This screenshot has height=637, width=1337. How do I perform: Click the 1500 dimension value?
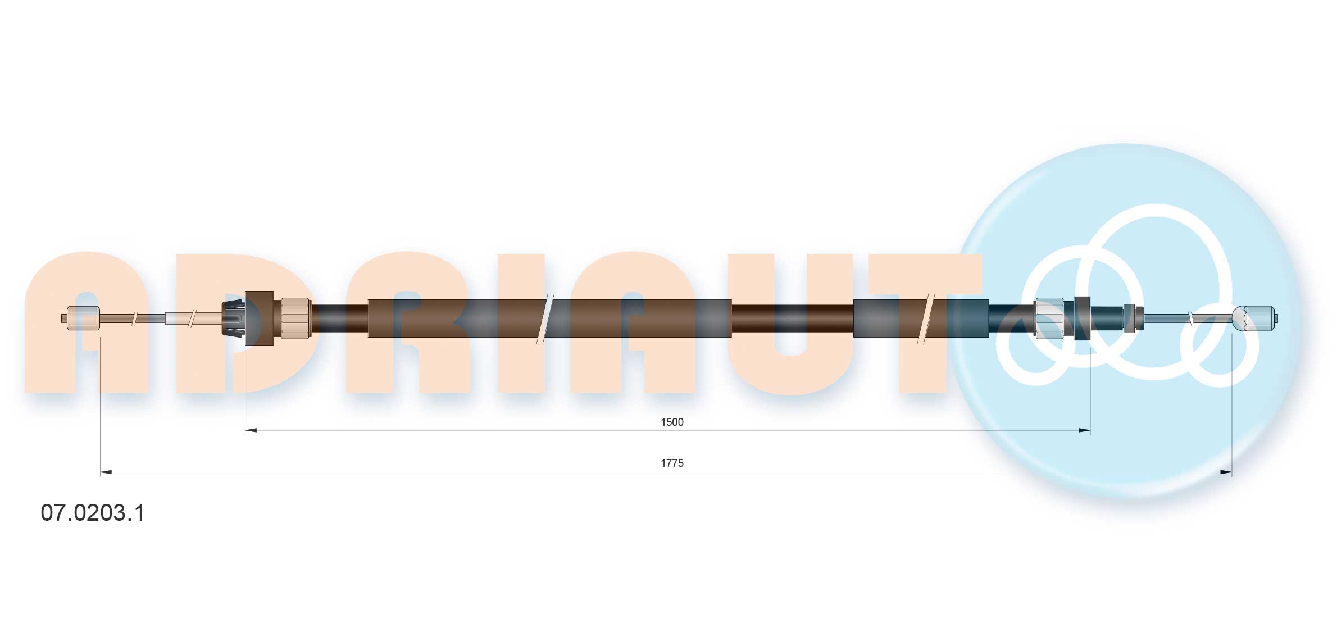click(x=672, y=422)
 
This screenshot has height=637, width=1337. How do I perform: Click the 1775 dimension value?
click(x=672, y=463)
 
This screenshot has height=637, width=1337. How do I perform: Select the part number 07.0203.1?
click(x=93, y=513)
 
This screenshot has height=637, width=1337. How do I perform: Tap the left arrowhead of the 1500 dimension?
click(x=251, y=430)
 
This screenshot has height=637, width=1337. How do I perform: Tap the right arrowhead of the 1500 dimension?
click(x=1084, y=430)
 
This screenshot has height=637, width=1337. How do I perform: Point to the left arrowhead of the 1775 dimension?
click(x=106, y=472)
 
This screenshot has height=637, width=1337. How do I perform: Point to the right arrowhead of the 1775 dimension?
click(x=1226, y=472)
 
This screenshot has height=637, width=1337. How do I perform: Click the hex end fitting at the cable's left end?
click(x=83, y=318)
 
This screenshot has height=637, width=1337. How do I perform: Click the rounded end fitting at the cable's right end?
click(x=1255, y=318)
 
